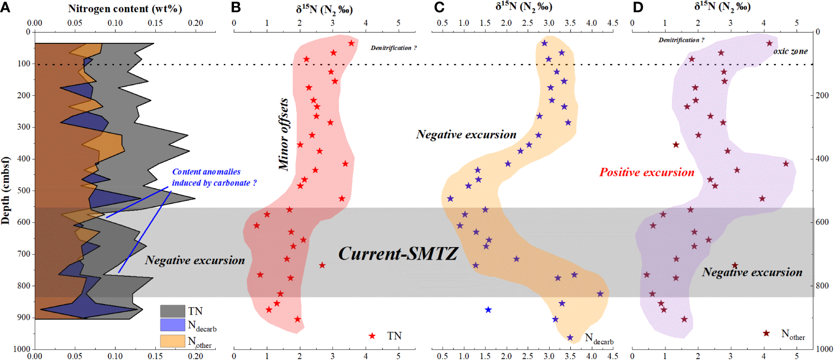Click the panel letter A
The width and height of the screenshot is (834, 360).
coord(6,8)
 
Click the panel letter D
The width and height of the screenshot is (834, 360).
coord(638,8)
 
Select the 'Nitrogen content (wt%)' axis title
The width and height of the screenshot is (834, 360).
coord(125,9)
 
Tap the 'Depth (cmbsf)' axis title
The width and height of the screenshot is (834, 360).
coord(6,191)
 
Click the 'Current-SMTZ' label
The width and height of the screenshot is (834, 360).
coord(398,254)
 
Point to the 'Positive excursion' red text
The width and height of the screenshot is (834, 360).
coord(646,172)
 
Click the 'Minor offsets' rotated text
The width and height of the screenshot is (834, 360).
coord(283,134)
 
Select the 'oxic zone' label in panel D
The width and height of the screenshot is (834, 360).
coord(790,51)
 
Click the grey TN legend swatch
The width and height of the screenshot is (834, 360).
coord(172,311)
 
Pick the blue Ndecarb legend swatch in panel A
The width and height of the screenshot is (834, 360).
coord(172,325)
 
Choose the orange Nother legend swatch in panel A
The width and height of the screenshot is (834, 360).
coord(172,341)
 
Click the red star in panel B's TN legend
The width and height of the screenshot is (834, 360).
coord(372,336)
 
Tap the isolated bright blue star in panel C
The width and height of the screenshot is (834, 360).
coord(488,310)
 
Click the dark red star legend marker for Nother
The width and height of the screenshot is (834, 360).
coord(766,333)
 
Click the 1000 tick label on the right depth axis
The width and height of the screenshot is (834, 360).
coord(824,349)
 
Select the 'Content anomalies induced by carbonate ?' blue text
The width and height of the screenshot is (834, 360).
coord(214,177)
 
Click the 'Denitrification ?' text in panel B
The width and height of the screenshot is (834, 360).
coord(393,48)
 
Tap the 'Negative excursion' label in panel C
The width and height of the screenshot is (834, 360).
coord(466,135)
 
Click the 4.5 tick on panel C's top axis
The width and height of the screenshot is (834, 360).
coord(613,23)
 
